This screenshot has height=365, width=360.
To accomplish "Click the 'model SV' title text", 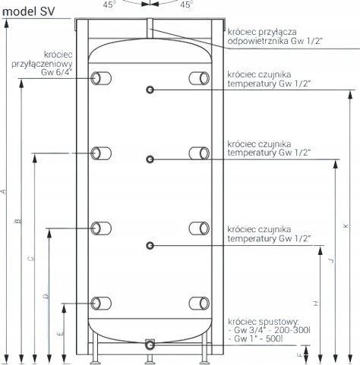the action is point(28,11).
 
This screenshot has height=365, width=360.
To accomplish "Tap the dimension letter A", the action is point(4,191).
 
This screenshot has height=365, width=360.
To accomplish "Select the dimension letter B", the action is point(18,221).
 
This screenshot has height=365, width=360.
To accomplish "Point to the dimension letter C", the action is point(31,259).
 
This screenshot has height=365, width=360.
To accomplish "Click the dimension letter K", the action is point(346,225).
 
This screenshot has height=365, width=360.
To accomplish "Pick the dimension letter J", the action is point(331,260).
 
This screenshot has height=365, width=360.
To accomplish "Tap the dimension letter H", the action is point(316,304).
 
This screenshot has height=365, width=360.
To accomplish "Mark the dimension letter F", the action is point(300,355).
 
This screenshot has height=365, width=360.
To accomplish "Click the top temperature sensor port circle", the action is point(150,90).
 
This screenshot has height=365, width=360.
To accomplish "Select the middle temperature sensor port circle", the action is point(150,159).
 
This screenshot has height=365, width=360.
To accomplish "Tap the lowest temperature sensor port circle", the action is point(150,245).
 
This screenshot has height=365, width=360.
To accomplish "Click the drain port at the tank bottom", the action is point(150,345).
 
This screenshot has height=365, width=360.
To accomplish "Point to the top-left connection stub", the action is point(101,78).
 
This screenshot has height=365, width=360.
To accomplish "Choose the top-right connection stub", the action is point(199,78).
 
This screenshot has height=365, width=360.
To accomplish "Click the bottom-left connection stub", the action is point(101,304).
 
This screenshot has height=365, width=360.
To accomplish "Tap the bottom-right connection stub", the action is point(199,304).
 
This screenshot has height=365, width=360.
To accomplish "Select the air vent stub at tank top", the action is point(150,28).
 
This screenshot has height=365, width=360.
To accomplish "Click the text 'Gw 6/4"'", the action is point(57,72).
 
